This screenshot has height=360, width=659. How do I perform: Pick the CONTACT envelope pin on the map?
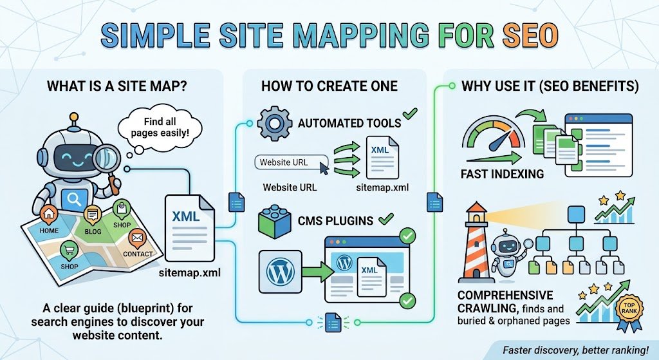click(136, 239)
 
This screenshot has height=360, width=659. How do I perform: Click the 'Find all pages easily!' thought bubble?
click(160, 128)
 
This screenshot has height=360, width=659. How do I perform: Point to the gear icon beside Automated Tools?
click(274, 123)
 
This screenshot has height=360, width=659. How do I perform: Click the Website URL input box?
click(292, 162)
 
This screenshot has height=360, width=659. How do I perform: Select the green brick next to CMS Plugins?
click(274, 221)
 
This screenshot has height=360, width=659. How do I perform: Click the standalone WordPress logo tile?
click(280, 272)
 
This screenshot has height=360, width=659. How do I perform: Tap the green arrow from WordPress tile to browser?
click(317, 272)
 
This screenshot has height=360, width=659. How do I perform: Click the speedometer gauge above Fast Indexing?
click(494, 135)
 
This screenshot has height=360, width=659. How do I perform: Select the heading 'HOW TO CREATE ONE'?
click(329, 86)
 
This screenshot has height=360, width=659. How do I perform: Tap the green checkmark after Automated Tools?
click(410, 114)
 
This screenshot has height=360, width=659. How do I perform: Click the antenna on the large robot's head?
click(74, 120)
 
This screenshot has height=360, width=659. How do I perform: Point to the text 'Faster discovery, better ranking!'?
click(576, 350)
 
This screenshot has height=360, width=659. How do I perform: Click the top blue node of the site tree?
click(576, 214)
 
